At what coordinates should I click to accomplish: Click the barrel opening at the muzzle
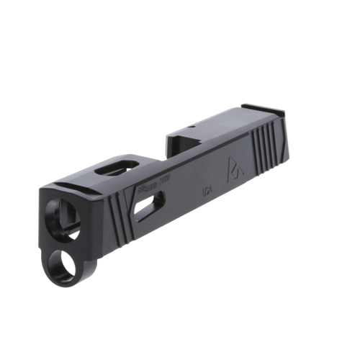coord(58,216)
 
